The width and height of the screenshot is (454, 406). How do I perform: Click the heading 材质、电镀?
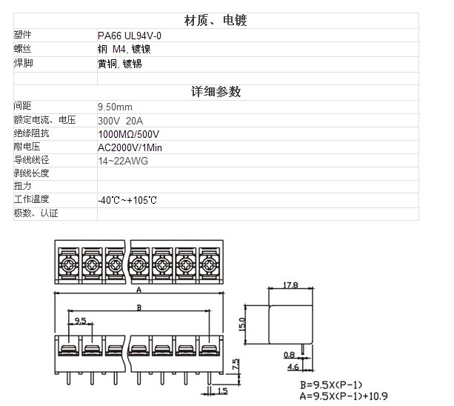[216, 21]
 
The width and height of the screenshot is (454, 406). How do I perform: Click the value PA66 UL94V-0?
[130, 36]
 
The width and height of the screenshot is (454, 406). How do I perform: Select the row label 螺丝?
[22, 48]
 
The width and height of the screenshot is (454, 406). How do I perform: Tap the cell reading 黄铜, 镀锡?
[120, 64]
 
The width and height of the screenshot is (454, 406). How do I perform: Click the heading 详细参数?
[216, 92]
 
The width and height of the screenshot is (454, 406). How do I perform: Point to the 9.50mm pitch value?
[115, 107]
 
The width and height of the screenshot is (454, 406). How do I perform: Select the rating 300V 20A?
[120, 121]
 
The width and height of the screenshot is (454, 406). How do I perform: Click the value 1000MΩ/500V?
[129, 134]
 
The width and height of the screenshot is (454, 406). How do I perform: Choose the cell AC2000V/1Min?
[130, 147]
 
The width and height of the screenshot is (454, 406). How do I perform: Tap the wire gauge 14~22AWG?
[123, 161]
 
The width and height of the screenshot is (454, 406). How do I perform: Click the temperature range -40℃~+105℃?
[127, 200]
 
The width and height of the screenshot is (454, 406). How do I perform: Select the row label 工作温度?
[31, 199]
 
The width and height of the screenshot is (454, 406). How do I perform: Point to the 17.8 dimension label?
[290, 285]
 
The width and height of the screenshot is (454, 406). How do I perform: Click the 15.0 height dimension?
[241, 325]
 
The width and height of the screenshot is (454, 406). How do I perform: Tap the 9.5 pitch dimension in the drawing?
[80, 321]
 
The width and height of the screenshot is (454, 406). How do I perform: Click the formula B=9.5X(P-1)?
[331, 385]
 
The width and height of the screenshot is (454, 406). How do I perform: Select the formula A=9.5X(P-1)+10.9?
[344, 396]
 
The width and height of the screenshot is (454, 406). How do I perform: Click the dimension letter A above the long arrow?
[139, 290]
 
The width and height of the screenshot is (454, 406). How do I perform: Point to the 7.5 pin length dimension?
[236, 365]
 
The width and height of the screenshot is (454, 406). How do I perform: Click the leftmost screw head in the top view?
[69, 264]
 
